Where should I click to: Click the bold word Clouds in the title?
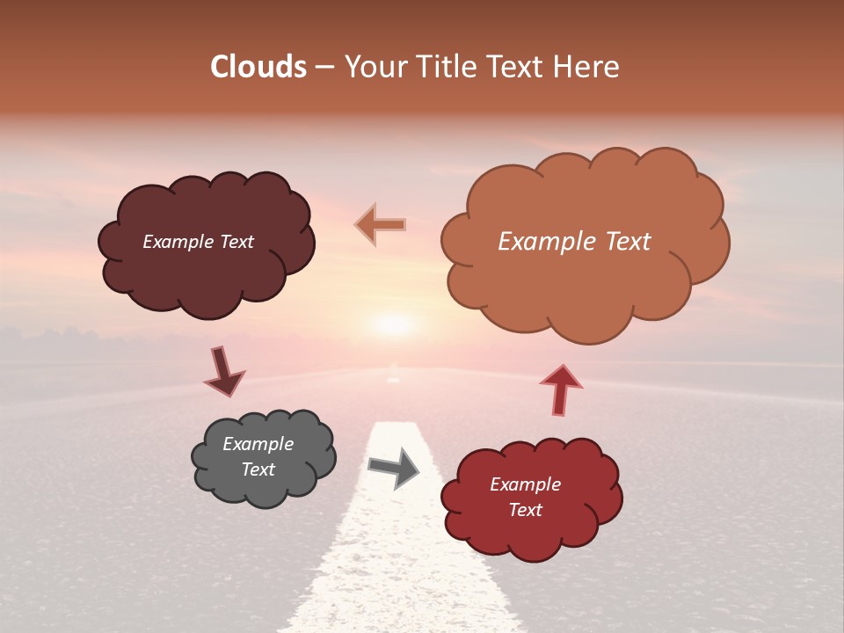click(258, 67)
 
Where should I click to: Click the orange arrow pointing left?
click(381, 225)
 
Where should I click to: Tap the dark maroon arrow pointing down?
click(223, 372)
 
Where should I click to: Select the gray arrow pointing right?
click(394, 469)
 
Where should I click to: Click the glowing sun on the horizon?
click(393, 324)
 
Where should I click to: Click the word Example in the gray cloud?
click(258, 444)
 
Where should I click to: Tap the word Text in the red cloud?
click(525, 510)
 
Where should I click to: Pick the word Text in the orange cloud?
click(622, 242)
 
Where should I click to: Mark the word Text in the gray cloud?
click(258, 469)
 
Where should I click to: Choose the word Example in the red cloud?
click(525, 484)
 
